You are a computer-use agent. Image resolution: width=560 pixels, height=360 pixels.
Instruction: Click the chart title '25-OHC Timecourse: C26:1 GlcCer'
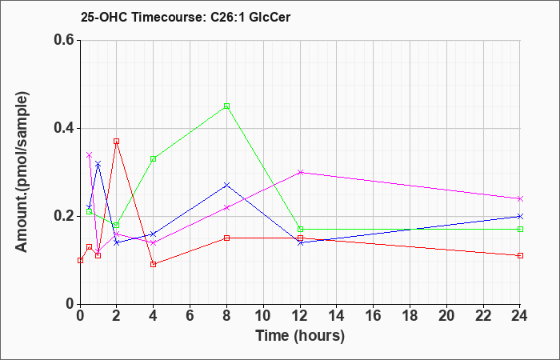(x=186, y=17)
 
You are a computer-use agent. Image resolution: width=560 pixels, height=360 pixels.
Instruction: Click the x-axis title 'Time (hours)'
(x=300, y=336)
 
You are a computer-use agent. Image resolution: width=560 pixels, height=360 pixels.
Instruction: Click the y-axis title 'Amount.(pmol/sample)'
(x=22, y=172)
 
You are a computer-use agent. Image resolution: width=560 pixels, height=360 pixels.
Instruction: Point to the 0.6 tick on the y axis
(x=66, y=40)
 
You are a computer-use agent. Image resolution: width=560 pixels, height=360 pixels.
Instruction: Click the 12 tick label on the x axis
(x=300, y=316)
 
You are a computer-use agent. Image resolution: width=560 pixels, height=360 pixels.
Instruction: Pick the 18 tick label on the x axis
(x=410, y=316)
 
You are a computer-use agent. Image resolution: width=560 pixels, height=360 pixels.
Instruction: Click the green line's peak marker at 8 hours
(x=226, y=106)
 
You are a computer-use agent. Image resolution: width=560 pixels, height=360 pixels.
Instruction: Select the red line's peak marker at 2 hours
(x=117, y=142)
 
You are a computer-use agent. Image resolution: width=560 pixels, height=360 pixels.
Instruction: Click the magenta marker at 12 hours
(x=300, y=172)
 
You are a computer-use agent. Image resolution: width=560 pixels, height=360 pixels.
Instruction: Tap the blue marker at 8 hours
(x=226, y=185)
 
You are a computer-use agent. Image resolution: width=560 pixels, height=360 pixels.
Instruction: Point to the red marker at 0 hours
(x=80, y=260)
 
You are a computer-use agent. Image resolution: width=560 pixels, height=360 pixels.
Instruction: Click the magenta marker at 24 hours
(x=520, y=198)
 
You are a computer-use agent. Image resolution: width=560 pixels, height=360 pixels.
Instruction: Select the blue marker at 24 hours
(x=520, y=217)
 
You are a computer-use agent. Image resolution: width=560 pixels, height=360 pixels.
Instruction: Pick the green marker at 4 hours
(x=154, y=159)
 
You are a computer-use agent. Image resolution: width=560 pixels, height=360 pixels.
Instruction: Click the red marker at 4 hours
(x=154, y=265)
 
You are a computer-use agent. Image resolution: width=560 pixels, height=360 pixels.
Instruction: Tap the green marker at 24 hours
(x=520, y=230)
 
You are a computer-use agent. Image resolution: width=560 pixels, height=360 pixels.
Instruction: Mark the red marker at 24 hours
(x=520, y=256)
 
